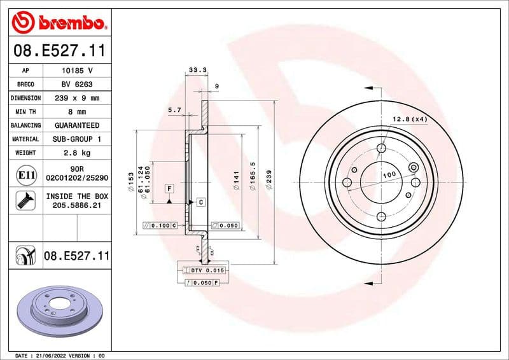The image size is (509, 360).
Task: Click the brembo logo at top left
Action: tap(59, 23)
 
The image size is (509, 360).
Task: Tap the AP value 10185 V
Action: tap(76, 71)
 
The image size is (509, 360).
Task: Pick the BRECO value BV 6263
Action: tap(76, 84)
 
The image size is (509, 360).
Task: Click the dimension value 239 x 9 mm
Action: tap(76, 98)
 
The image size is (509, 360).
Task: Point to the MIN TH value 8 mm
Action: tap(76, 112)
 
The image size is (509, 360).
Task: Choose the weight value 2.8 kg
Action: tap(76, 153)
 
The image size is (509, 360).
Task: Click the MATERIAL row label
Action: tap(25, 139)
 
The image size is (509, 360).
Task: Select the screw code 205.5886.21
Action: tap(76, 206)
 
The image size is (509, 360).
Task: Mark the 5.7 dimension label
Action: tap(174, 110)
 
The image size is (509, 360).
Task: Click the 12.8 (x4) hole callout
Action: tap(409, 119)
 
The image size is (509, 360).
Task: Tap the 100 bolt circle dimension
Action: tap(389, 174)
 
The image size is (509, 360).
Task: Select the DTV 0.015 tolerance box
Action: tap(204, 271)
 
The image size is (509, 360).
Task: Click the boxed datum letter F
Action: tap(169, 188)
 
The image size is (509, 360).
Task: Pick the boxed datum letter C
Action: tap(200, 202)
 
